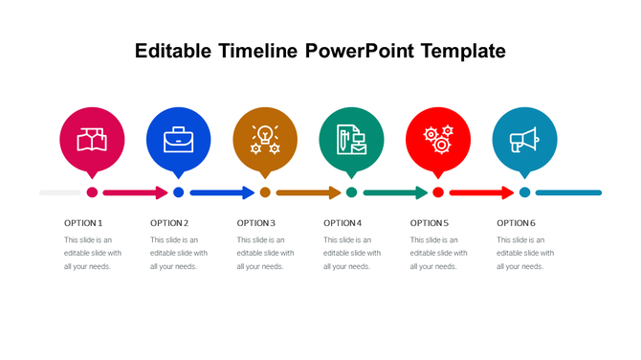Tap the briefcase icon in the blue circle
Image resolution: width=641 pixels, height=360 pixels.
click(178, 141)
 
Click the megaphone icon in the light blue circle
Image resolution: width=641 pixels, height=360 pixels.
click(524, 141)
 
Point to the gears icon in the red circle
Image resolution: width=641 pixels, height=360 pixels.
click(438, 140)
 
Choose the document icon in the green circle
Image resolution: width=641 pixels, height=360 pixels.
click(351, 140)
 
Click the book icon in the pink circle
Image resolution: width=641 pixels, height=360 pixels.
click(92, 140)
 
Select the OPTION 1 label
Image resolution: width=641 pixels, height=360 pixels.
click(83, 222)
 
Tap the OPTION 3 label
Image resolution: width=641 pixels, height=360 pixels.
click(256, 222)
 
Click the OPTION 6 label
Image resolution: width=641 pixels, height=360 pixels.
click(516, 222)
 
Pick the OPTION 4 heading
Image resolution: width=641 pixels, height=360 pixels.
click(343, 222)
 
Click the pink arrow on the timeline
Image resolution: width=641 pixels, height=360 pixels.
click(135, 192)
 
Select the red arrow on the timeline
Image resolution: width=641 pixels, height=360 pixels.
click(481, 192)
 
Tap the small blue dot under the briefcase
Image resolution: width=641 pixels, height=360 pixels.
click(178, 192)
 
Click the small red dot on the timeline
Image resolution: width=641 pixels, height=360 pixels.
click(438, 192)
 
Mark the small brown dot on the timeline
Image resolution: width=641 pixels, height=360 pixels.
click(265, 192)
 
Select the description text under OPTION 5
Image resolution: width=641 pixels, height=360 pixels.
click(438, 253)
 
